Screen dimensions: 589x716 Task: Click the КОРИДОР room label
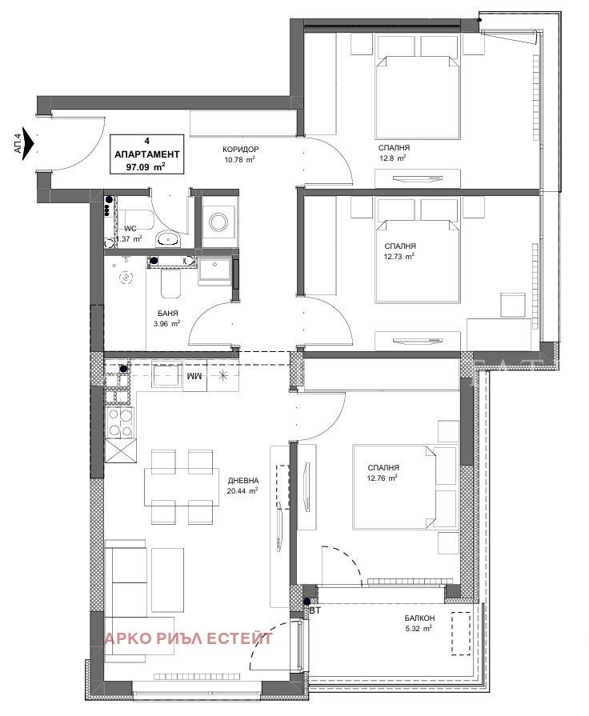tap(240, 150)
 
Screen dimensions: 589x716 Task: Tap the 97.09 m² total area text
tap(146, 167)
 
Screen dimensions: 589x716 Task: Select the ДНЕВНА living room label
tap(243, 480)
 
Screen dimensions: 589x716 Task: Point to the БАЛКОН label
tap(419, 618)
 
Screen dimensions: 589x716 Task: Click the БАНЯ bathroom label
tap(168, 314)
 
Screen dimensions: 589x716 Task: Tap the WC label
tap(130, 228)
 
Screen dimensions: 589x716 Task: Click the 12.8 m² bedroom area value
tap(392, 158)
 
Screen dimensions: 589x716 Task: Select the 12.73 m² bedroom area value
tap(399, 257)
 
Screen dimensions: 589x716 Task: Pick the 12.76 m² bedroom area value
tap(382, 478)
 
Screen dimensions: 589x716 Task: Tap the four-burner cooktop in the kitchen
tap(120, 422)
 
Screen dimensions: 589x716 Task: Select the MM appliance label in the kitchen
tap(194, 376)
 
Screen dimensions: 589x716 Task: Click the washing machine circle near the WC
tap(218, 222)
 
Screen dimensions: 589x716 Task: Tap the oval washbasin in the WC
tap(169, 239)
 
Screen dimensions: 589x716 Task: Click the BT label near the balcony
tap(315, 610)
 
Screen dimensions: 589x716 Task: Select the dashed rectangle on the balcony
tap(461, 634)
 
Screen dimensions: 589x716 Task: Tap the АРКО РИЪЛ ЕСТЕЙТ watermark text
tap(189, 638)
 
